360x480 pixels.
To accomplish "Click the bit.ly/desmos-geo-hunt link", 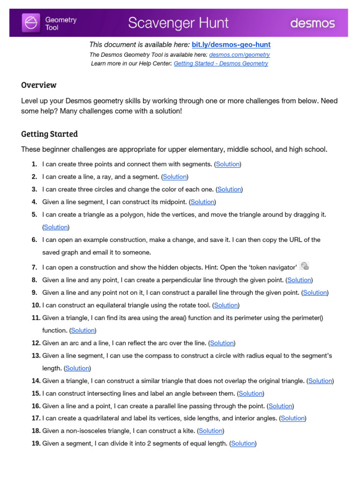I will pos(231,45).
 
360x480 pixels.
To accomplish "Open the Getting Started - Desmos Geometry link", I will pos(221,64).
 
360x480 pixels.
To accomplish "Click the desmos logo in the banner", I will pos(312,23).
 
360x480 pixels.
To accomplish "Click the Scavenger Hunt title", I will pos(178,22).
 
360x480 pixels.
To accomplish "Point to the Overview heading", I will pos(39,85).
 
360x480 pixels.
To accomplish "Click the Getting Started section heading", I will pos(49,134).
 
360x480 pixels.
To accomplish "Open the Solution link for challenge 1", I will pos(228,164).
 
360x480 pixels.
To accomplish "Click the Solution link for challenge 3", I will pos(229,189).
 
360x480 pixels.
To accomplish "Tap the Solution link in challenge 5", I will pos(56,227).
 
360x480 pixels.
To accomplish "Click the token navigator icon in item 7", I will pos(305,266).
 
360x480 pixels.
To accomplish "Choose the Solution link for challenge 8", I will pos(299,280).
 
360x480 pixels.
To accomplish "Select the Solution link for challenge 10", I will pos(226,305).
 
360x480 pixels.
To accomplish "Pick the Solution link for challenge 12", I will pos(222,343).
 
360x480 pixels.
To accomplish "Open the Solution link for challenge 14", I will pos(320,381).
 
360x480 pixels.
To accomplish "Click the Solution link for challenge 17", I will pos(293,418).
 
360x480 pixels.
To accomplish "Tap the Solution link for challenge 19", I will pos(243,443).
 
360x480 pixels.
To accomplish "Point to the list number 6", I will pos(34,240).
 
